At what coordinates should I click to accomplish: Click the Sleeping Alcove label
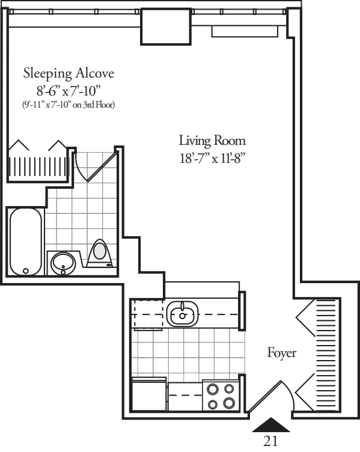click(69, 73)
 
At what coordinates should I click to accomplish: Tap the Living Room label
click(212, 141)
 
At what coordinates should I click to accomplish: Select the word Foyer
click(282, 353)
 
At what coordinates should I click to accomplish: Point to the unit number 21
click(270, 441)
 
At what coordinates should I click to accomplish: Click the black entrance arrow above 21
click(271, 425)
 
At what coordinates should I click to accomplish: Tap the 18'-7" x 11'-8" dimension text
click(212, 159)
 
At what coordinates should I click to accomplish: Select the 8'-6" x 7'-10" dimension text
click(69, 91)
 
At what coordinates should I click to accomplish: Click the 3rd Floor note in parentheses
click(69, 105)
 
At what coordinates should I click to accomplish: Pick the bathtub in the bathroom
click(26, 242)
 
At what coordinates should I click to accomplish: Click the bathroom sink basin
click(63, 263)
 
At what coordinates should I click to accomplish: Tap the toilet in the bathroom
click(100, 254)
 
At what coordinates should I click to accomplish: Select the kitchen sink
click(183, 314)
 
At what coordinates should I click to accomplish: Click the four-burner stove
click(221, 395)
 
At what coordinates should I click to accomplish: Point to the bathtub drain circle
click(26, 271)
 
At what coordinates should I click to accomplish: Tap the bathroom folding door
click(95, 166)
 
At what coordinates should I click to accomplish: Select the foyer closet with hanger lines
click(319, 355)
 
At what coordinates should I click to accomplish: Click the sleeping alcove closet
click(38, 164)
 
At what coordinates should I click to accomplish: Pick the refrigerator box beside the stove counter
click(149, 394)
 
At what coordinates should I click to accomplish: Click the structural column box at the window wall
click(166, 26)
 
